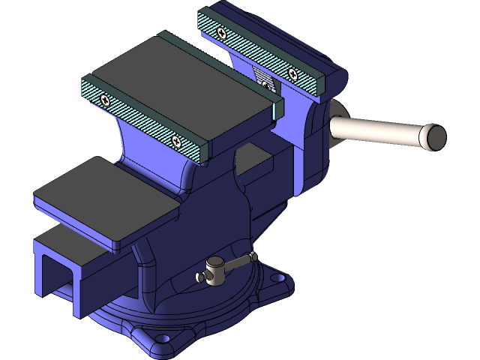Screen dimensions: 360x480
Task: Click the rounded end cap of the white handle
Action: click(433, 136)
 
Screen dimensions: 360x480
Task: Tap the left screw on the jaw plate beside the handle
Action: click(220, 32)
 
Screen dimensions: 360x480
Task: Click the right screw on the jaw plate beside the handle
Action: click(292, 73)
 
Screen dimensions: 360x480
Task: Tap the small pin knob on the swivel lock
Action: click(201, 277)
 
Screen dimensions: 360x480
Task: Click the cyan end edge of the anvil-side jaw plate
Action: click(275, 108)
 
